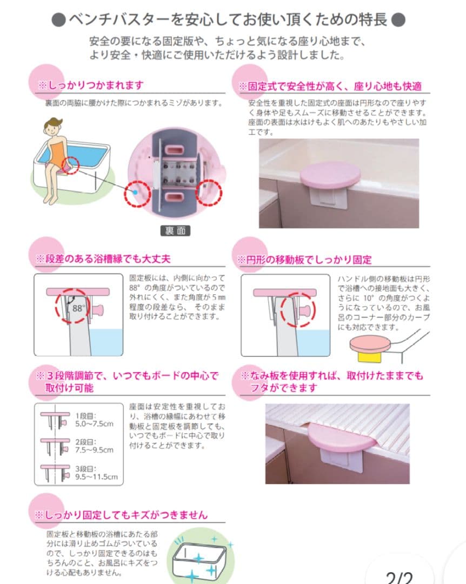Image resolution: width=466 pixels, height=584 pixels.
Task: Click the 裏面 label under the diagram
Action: pos(175,230)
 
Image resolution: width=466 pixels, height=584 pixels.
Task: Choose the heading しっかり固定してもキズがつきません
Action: pos(122,515)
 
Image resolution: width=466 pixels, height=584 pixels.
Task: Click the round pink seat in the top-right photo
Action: pos(330,176)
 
